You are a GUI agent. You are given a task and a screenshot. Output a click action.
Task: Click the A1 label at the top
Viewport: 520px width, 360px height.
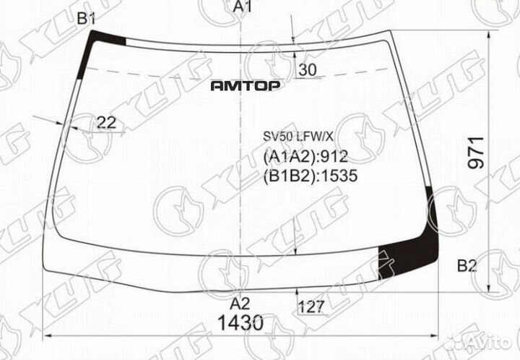[243, 6]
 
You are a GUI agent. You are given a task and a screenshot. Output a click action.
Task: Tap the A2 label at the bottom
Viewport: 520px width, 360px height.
[240, 304]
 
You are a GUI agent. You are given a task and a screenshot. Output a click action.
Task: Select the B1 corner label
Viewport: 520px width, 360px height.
[86, 19]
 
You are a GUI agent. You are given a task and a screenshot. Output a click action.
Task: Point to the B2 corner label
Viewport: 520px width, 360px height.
[467, 266]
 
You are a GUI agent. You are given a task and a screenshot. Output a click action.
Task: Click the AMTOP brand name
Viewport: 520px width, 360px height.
[246, 86]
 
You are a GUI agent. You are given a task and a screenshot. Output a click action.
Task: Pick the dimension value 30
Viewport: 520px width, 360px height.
[308, 70]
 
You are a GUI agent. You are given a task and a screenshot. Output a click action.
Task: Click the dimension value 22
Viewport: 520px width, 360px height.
[106, 123]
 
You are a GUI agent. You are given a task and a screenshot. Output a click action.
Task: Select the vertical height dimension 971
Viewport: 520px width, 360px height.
[476, 153]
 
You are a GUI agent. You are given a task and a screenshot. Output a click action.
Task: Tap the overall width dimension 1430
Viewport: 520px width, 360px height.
[240, 323]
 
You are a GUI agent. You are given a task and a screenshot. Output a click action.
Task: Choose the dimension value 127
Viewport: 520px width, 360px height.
[311, 307]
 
